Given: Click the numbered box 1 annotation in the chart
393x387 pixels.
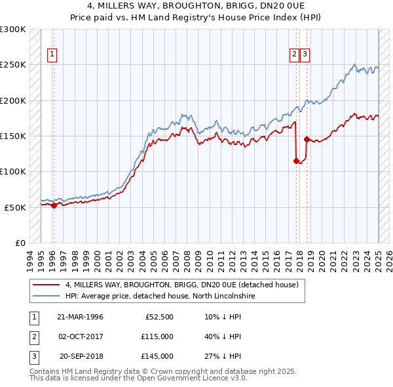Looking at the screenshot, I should (52, 55).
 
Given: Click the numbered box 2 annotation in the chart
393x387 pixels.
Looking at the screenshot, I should (295, 55).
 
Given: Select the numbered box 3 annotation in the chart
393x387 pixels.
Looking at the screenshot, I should (305, 55).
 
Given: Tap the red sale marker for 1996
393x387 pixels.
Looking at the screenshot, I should (54, 205).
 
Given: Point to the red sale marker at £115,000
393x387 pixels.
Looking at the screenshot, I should (296, 161).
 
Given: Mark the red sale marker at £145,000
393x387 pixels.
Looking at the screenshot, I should (307, 139).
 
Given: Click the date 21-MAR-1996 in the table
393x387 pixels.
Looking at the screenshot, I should (80, 317).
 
